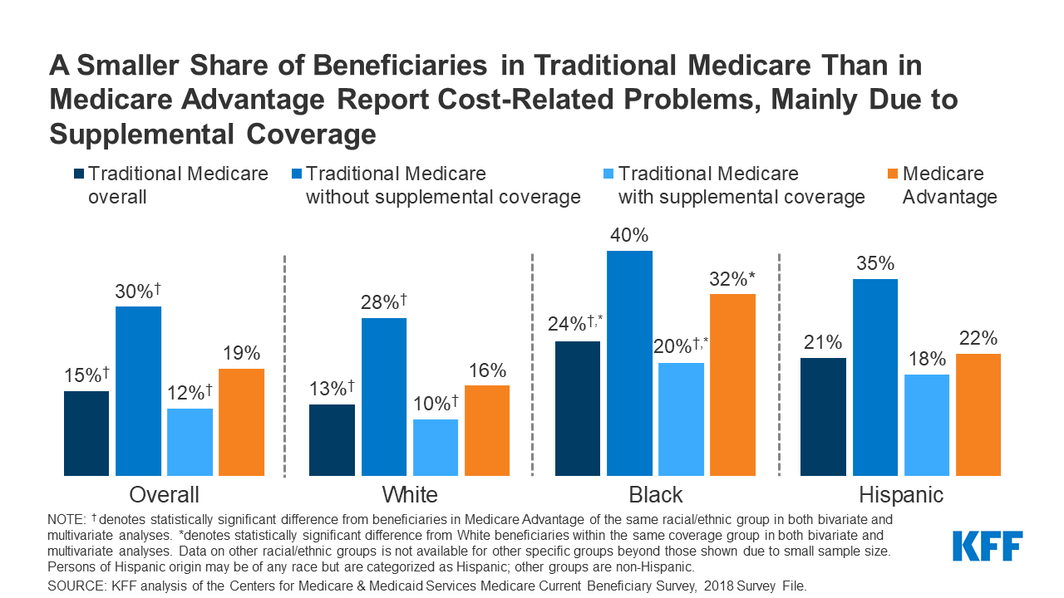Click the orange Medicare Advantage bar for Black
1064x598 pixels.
(732, 385)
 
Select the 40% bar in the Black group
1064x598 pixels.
(629, 363)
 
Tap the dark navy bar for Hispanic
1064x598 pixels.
(823, 417)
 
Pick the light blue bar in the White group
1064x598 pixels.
(436, 447)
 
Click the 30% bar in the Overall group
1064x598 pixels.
(138, 390)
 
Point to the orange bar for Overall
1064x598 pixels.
(241, 422)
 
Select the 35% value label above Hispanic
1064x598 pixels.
(874, 264)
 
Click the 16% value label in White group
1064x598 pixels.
(486, 370)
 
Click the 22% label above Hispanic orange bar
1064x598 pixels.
(978, 339)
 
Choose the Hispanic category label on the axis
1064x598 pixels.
(900, 496)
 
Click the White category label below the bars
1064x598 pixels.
(410, 496)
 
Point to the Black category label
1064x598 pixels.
(656, 496)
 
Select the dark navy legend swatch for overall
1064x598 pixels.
(78, 174)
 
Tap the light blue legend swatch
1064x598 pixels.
(607, 174)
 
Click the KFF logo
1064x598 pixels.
(988, 546)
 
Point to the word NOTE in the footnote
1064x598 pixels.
(66, 518)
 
